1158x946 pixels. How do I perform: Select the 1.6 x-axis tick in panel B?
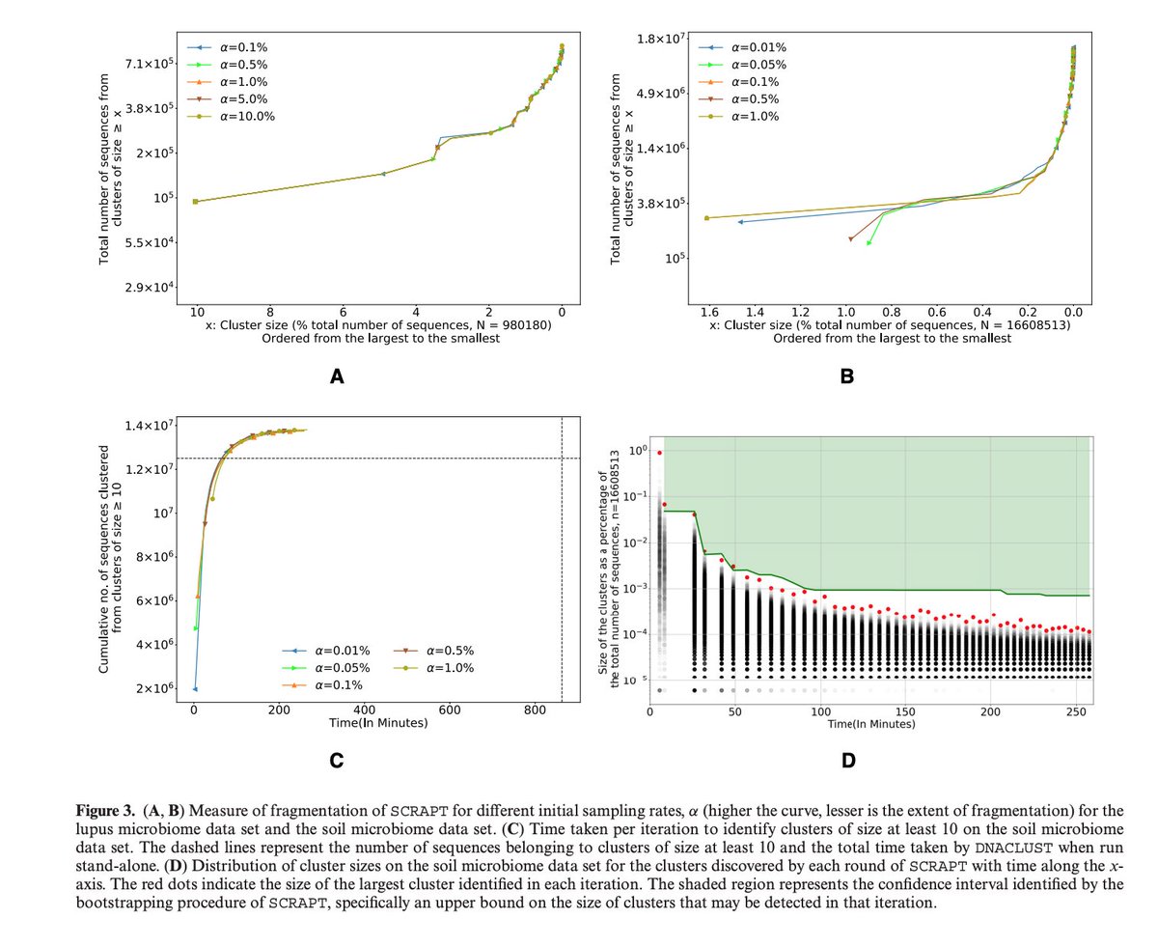pos(709,313)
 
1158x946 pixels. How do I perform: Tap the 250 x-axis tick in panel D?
pos(1075,711)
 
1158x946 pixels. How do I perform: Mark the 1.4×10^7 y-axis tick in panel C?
pos(147,426)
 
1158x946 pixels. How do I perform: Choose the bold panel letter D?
pos(848,761)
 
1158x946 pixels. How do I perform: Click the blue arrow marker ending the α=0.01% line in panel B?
pos(740,222)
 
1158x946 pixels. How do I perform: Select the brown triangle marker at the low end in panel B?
pos(850,238)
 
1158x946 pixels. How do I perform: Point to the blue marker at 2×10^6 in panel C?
pos(195,689)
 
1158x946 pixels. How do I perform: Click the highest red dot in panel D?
pos(659,453)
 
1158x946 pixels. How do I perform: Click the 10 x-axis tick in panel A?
pos(197,313)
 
